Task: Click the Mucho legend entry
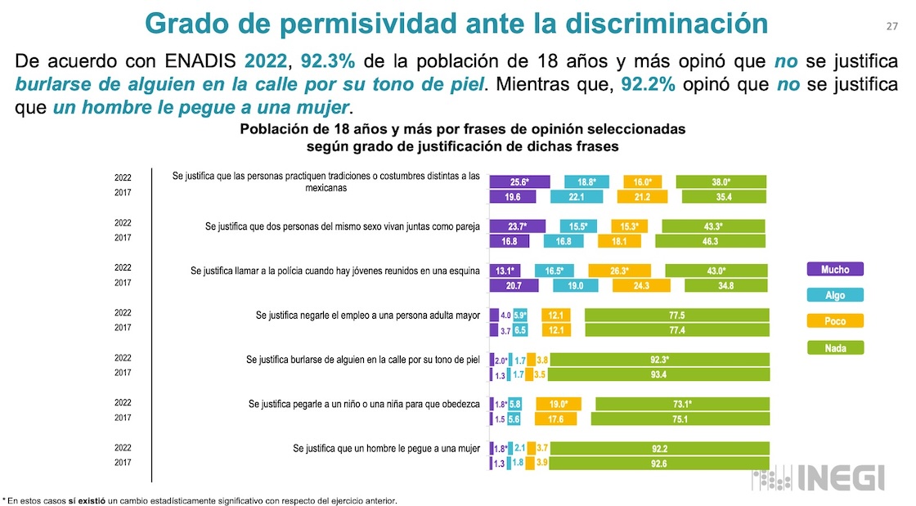pyautogui.click(x=834, y=270)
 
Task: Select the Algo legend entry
pyautogui.click(x=834, y=296)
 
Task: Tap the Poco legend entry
pyautogui.click(x=834, y=322)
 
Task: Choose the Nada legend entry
pyautogui.click(x=834, y=348)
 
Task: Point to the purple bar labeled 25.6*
pyautogui.click(x=519, y=182)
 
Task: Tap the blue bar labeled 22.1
pyautogui.click(x=577, y=196)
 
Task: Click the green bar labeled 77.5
pyautogui.click(x=676, y=316)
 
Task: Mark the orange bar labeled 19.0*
pyautogui.click(x=558, y=404)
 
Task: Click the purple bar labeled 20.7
pyautogui.click(x=514, y=285)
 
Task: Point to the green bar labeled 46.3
pyautogui.click(x=710, y=241)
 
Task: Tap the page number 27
pyautogui.click(x=892, y=26)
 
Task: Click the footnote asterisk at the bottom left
pyautogui.click(x=4, y=499)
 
